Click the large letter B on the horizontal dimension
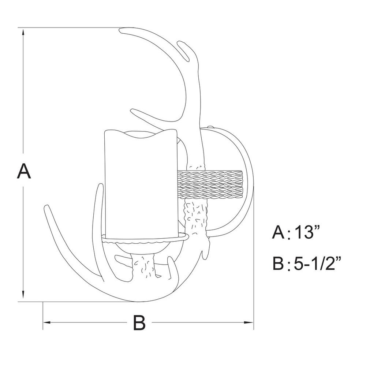coord(139,322)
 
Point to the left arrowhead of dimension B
coord(47,322)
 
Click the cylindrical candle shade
coord(141,184)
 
